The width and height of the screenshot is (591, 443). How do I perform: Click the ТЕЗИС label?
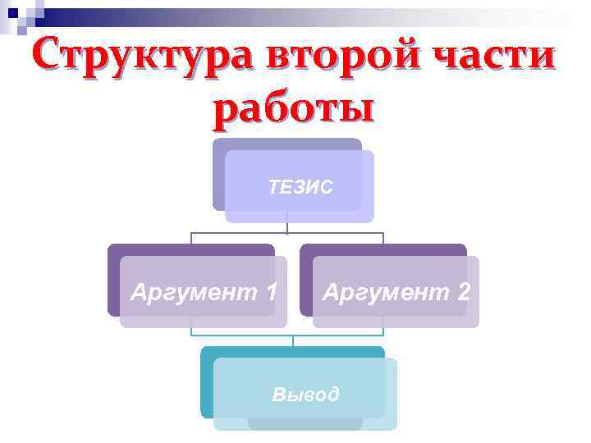click(x=300, y=187)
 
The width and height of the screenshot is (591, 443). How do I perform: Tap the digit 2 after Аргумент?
click(x=463, y=291)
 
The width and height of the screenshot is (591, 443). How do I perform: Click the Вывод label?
click(x=305, y=395)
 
